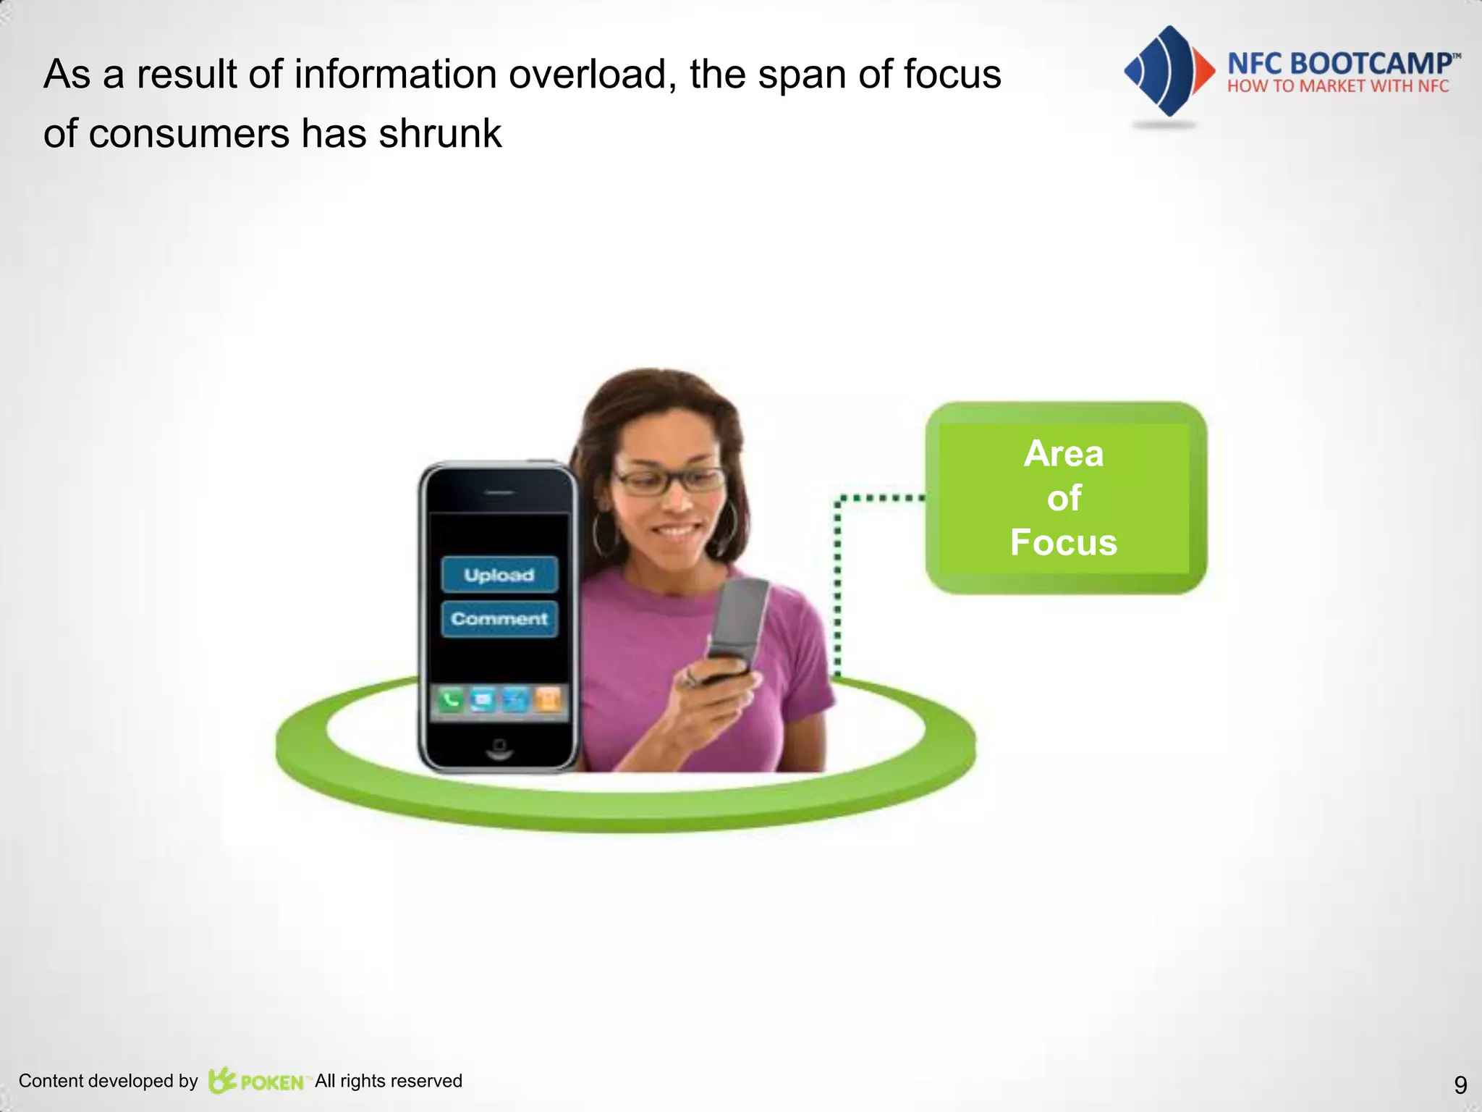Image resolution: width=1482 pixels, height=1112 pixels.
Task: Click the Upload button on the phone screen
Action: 499,575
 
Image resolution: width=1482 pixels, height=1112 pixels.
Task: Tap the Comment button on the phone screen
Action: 499,619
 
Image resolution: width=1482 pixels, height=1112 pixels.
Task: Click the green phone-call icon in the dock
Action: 450,700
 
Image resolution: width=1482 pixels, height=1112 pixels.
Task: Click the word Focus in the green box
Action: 1063,542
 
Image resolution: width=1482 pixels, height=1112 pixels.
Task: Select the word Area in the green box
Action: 1063,454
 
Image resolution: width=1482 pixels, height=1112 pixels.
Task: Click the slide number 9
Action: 1460,1084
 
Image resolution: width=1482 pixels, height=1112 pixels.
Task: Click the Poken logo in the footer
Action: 257,1081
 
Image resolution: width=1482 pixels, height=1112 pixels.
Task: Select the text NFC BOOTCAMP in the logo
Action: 1339,64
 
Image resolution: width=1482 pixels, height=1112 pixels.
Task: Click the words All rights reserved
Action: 389,1081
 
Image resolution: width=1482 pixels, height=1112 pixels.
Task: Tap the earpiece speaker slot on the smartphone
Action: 499,492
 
